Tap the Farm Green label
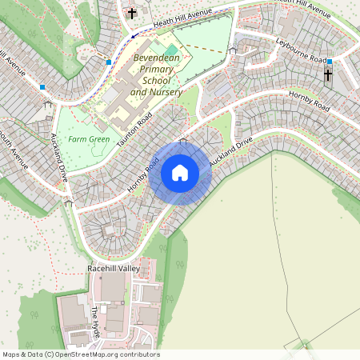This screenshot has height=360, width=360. [88, 139]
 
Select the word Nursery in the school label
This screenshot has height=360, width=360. [166, 93]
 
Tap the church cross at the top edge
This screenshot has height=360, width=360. [132, 13]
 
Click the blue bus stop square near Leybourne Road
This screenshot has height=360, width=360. [330, 61]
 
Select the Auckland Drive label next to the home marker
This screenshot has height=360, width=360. [231, 151]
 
